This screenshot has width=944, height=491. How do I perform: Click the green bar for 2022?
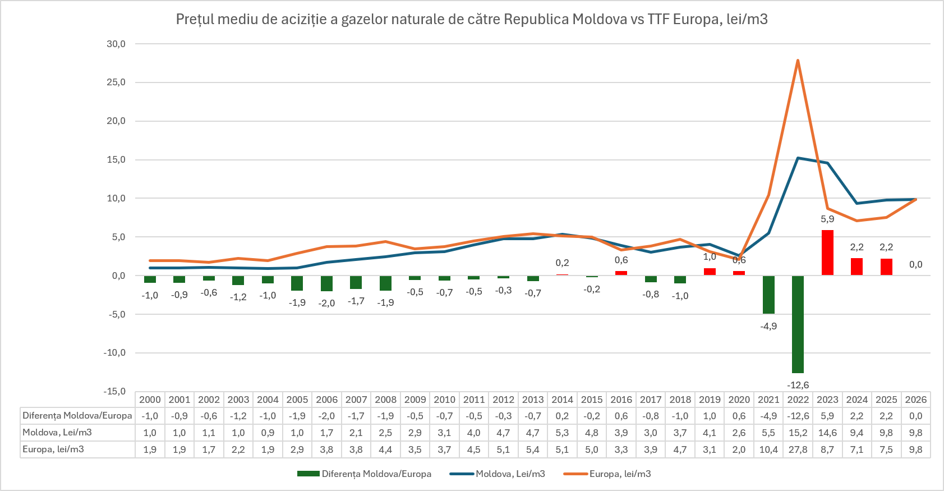(x=798, y=324)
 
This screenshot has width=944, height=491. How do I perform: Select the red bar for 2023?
(x=827, y=253)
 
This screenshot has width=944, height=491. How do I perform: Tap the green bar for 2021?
(x=768, y=295)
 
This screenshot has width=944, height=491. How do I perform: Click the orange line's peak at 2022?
(x=798, y=60)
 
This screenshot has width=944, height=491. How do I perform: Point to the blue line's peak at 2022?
(x=798, y=158)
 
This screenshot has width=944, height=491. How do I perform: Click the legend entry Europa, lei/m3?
(x=607, y=474)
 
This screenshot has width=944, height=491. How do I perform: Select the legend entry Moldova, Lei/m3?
(x=498, y=474)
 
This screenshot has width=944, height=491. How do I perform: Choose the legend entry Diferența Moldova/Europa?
(x=364, y=474)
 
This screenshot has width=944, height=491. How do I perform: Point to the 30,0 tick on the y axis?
(x=116, y=44)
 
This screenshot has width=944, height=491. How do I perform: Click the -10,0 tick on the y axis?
(x=114, y=353)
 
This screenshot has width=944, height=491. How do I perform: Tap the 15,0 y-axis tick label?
(x=116, y=160)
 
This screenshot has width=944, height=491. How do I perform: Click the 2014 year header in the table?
(x=562, y=400)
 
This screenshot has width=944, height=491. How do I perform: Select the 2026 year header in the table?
(x=916, y=400)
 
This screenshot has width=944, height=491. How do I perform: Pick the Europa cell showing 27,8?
(x=798, y=449)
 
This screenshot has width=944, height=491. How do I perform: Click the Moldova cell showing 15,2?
(x=798, y=433)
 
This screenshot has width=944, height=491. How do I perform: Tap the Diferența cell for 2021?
(x=768, y=416)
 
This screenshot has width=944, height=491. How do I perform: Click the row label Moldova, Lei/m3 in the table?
(x=57, y=433)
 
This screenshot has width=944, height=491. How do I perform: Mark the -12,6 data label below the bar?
(x=798, y=385)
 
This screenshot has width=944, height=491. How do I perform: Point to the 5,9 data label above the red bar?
(x=827, y=219)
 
